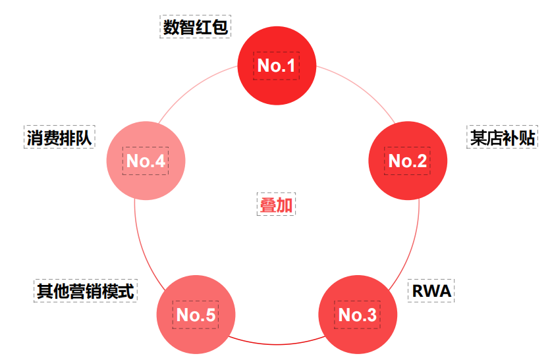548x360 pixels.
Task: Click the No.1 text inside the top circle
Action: coord(277,65)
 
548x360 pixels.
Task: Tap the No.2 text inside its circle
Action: coord(408,161)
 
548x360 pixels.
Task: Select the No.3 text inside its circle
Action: coord(358,315)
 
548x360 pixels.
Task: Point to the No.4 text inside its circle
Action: coord(146,161)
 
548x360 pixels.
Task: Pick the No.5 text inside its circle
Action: coord(196,315)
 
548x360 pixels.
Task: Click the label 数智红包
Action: coord(196,28)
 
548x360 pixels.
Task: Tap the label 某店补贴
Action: coord(502,138)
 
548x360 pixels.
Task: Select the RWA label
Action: coord(431,290)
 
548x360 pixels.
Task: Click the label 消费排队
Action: coord(59,138)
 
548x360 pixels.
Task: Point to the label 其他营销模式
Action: coord(85,290)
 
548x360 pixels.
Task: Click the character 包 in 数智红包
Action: coord(221,28)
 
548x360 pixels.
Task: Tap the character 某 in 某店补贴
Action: coord(478,138)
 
